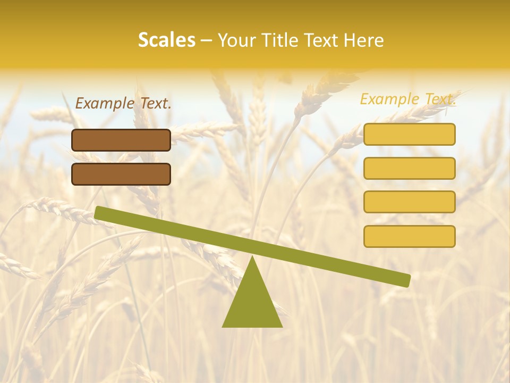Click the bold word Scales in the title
[x=166, y=40]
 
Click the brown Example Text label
[x=123, y=104]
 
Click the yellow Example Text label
[x=408, y=99]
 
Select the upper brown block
[x=121, y=140]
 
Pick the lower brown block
[x=121, y=174]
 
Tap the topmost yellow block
[x=409, y=134]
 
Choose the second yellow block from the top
[x=409, y=168]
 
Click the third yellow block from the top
[x=409, y=202]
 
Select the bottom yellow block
[x=409, y=236]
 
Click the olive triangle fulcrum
[x=252, y=303]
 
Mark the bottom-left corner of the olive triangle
[x=223, y=326]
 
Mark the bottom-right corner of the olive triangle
[x=282, y=326]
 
